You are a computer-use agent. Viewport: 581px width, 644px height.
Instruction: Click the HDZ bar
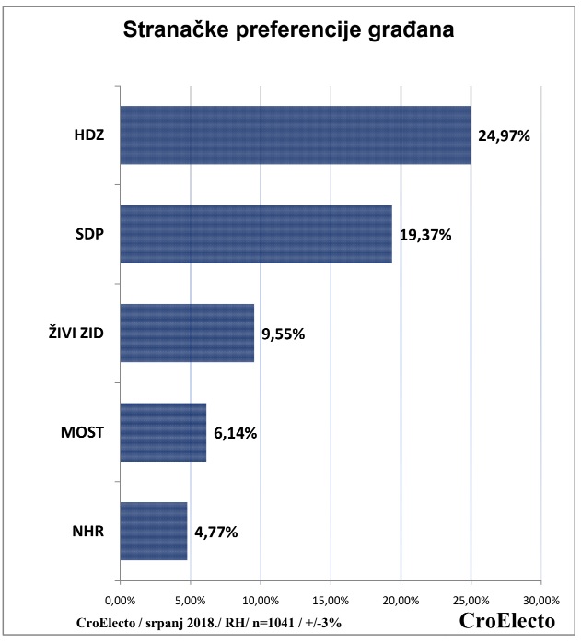[x=295, y=135]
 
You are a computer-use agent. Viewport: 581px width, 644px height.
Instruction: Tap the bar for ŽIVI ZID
[x=187, y=333]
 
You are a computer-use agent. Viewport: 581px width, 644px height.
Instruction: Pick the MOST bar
[x=163, y=432]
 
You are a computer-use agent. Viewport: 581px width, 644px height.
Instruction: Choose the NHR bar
[x=154, y=531]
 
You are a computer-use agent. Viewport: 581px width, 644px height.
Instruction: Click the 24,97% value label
[x=505, y=135]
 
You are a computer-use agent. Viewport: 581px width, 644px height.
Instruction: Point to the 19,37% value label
[x=425, y=235]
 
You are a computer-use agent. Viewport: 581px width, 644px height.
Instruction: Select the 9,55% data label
[x=283, y=334]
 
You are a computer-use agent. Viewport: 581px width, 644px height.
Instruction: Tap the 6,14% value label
[x=235, y=433]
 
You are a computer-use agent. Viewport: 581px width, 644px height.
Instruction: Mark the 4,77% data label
[x=216, y=532]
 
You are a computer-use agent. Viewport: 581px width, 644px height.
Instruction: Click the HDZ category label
[x=89, y=135]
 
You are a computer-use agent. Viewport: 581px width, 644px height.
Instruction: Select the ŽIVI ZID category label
[x=76, y=334]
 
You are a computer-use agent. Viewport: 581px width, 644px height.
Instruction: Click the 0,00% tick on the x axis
[x=121, y=601]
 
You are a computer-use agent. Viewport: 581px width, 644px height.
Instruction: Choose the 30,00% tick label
[x=540, y=601]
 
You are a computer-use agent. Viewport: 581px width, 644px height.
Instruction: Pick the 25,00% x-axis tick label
[x=471, y=601]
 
